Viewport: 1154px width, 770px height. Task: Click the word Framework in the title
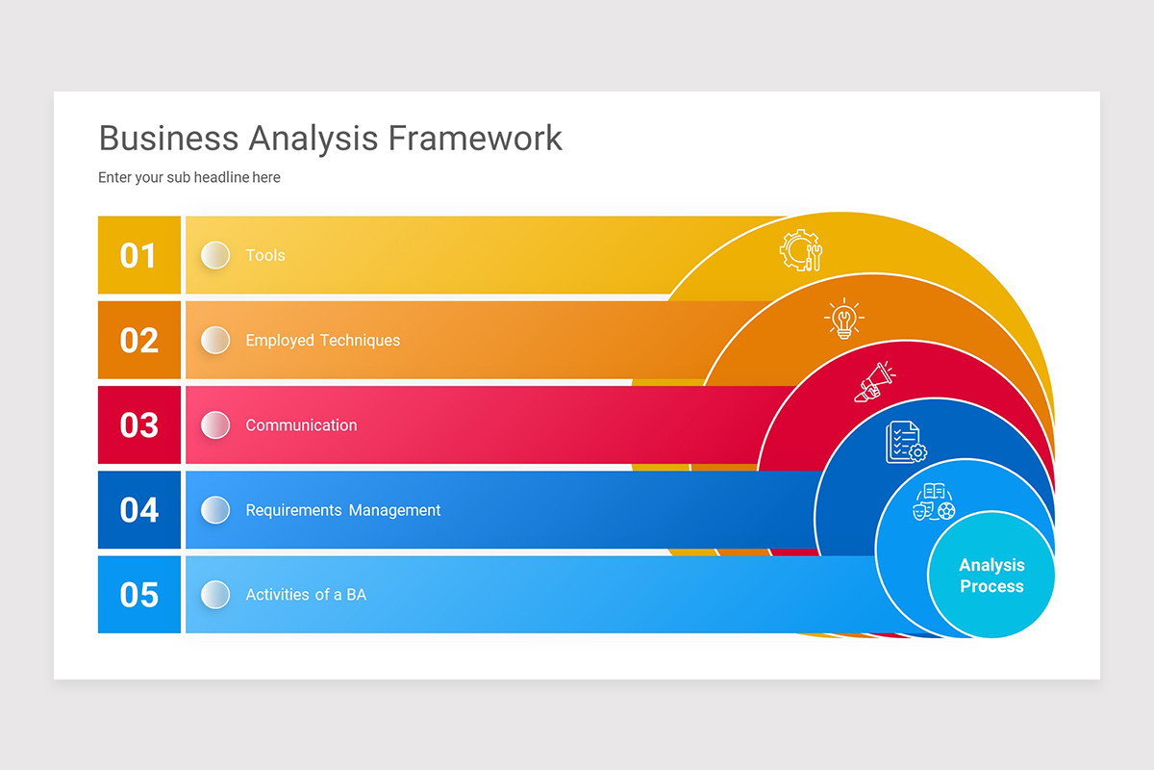click(475, 138)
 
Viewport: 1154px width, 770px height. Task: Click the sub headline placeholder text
click(189, 177)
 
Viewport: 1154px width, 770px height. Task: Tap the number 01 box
click(138, 255)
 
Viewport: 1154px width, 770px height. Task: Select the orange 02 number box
click(138, 340)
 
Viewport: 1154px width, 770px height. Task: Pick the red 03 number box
click(138, 424)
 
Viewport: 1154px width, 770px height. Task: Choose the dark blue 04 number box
click(138, 509)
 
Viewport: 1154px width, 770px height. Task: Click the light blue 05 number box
click(138, 594)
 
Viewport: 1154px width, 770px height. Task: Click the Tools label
click(265, 255)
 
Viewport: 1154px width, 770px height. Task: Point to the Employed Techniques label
click(322, 340)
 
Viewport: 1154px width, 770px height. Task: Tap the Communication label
click(301, 424)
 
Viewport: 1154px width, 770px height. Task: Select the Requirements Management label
click(342, 510)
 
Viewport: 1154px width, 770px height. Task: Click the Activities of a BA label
click(306, 595)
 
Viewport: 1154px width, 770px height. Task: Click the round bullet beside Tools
click(215, 255)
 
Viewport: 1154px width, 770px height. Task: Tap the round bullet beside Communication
click(215, 424)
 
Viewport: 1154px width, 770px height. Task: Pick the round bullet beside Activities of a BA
click(215, 594)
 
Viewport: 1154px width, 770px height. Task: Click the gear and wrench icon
click(801, 250)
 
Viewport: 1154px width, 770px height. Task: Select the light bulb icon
click(844, 319)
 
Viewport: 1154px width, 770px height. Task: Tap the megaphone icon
click(874, 381)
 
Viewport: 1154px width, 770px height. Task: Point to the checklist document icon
click(905, 442)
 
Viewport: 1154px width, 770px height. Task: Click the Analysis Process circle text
click(991, 576)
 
